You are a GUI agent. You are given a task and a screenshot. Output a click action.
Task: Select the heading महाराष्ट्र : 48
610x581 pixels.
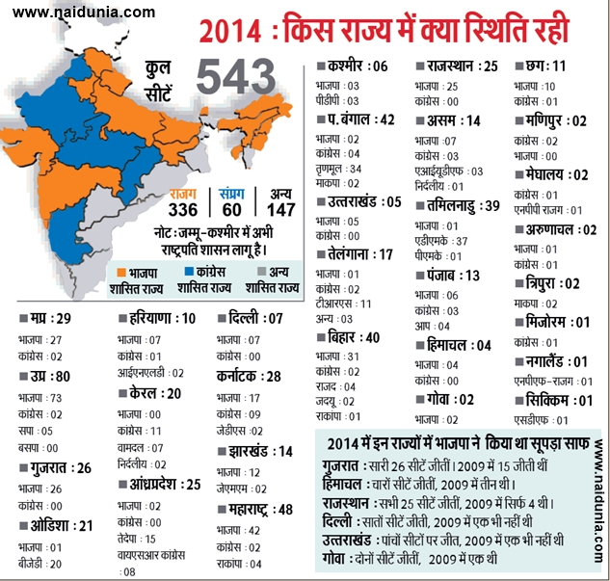257,507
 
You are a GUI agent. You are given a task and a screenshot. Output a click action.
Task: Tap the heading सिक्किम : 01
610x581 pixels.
560,400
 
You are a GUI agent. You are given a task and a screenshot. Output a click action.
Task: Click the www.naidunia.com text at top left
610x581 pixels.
85,13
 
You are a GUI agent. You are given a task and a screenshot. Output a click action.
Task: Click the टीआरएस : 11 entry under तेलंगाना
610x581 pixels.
344,302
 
